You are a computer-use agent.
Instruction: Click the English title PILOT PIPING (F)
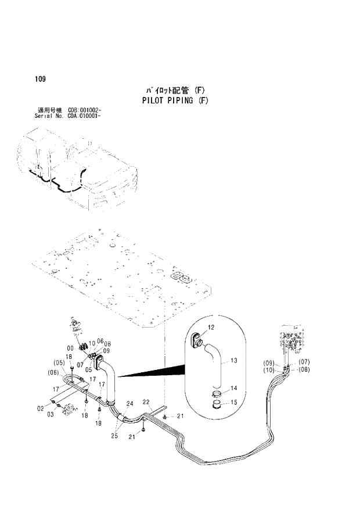(175, 100)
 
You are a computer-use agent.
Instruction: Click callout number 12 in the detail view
(211, 328)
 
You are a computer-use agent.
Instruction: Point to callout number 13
(234, 361)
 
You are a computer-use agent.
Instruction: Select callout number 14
(234, 389)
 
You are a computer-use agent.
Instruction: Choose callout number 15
(234, 402)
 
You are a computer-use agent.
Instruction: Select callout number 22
(146, 401)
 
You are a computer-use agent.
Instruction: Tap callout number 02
(41, 408)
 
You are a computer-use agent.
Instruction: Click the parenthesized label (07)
(304, 362)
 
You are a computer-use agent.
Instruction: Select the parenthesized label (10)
(269, 370)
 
